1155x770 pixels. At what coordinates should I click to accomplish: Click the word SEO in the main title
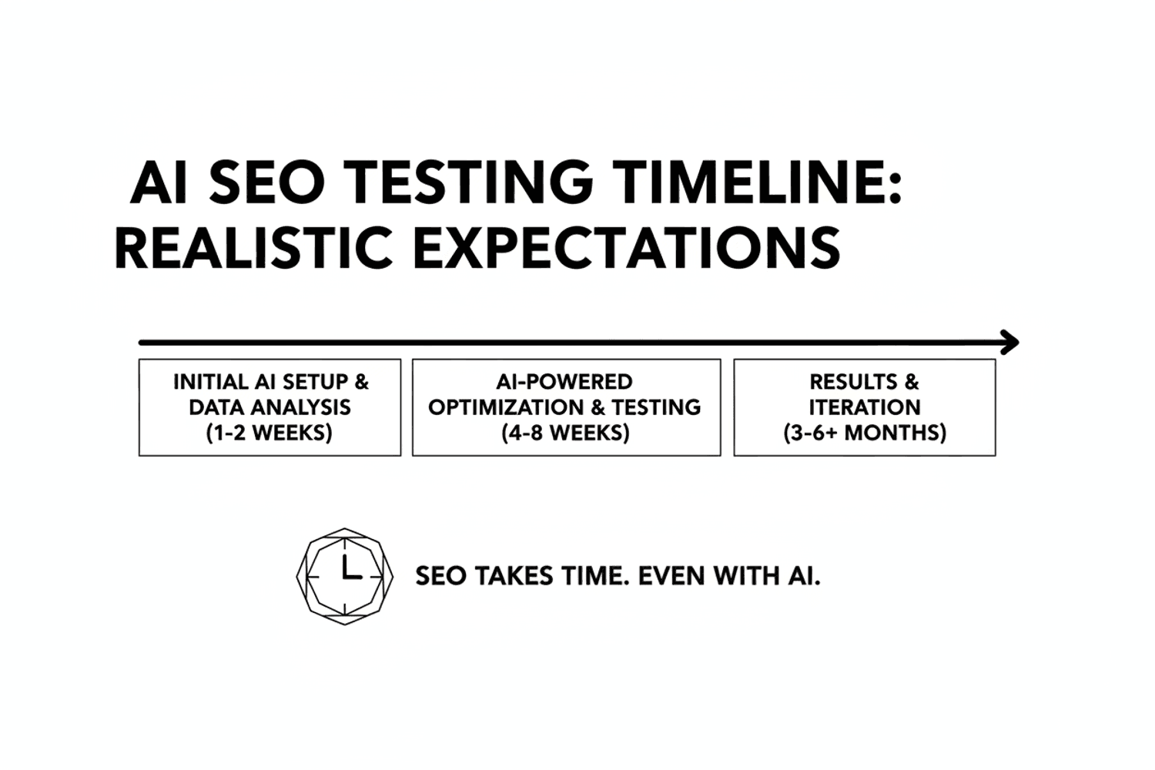(x=266, y=182)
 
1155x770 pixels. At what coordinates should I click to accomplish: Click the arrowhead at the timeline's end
(x=1010, y=342)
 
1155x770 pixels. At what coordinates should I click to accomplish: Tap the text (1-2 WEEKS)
(x=269, y=433)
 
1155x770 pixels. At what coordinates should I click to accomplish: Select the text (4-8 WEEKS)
(x=565, y=433)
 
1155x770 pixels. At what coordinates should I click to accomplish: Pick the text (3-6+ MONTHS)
(x=865, y=433)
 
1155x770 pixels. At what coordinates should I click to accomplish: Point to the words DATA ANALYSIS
(x=269, y=407)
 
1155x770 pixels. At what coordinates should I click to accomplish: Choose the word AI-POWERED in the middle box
(x=564, y=382)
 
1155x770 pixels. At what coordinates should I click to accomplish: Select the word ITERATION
(x=865, y=407)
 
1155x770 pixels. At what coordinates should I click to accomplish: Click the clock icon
(x=345, y=576)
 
